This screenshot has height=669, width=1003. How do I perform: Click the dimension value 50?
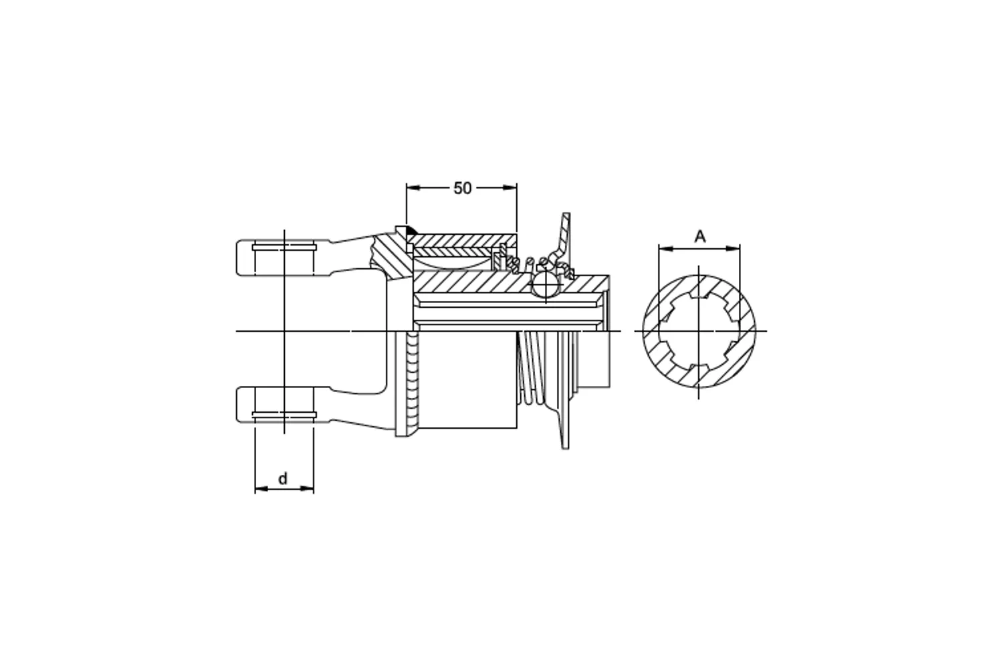tap(462, 188)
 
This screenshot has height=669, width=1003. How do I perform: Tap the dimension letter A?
tap(699, 236)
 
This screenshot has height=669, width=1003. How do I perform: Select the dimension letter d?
tap(283, 479)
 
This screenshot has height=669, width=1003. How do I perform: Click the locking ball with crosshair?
tap(546, 284)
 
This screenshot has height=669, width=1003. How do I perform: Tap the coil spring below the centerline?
tap(533, 368)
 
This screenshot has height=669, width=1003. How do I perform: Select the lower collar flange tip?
tap(566, 435)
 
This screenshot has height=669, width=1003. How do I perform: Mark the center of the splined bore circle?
tap(699, 331)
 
